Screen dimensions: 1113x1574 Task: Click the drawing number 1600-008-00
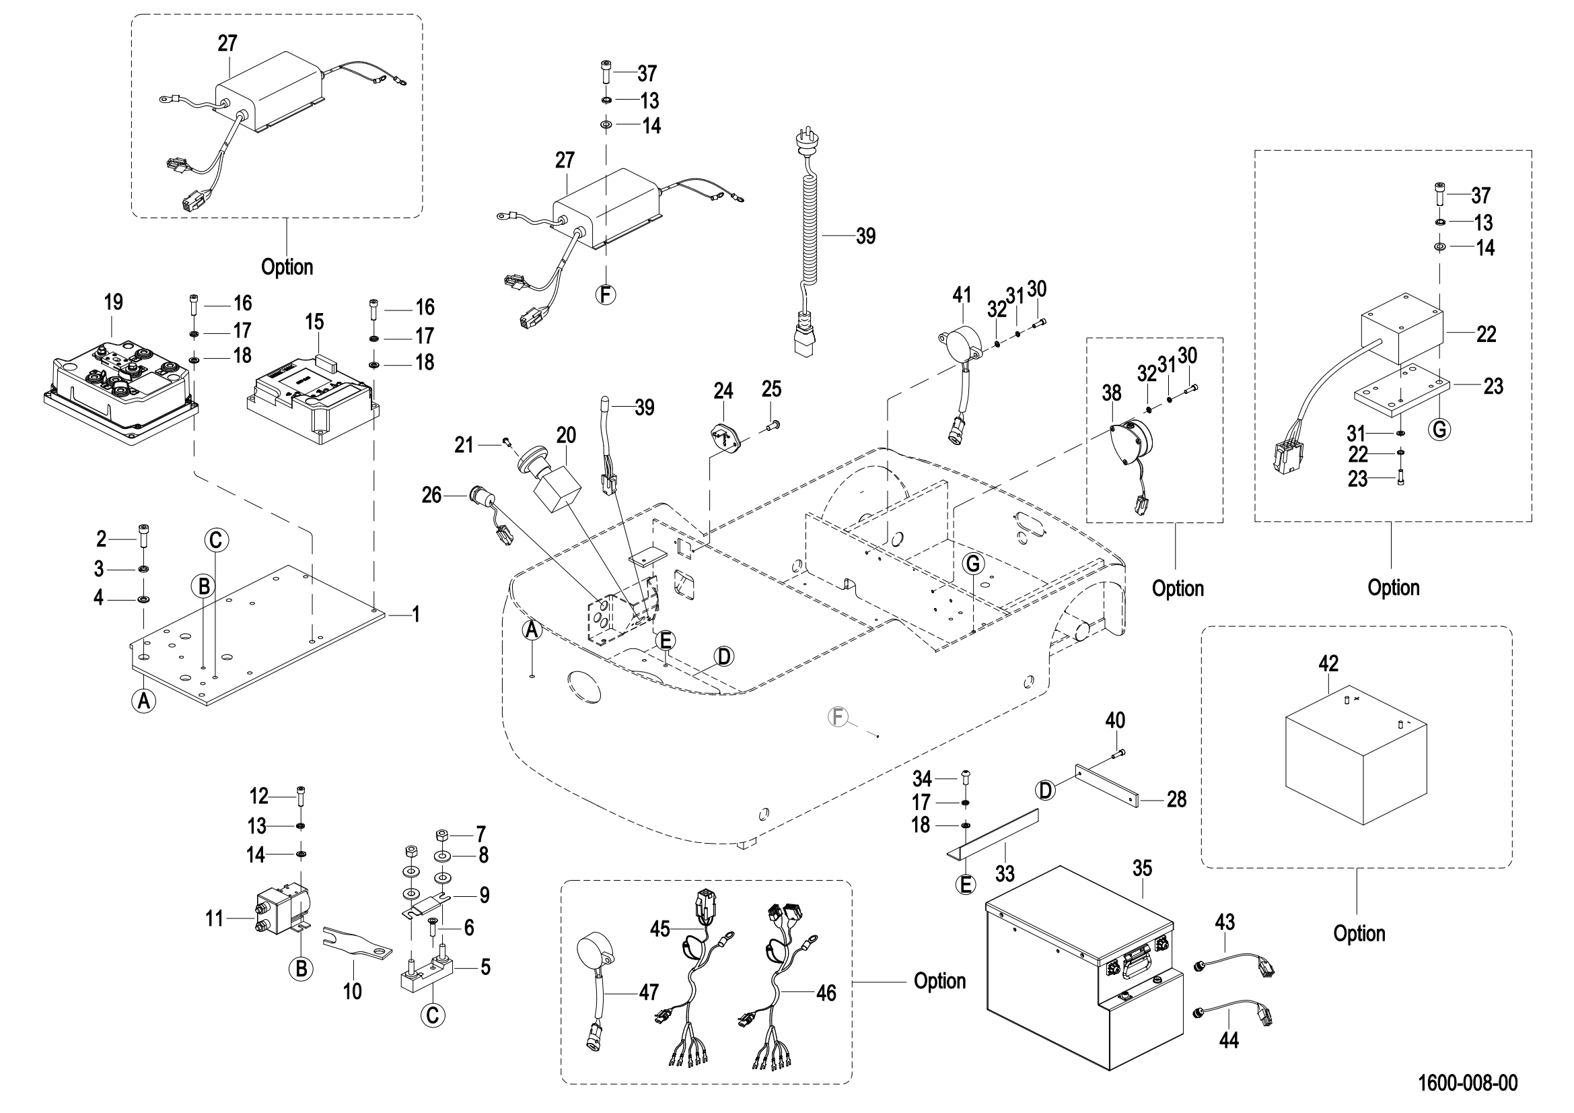pos(1467,1083)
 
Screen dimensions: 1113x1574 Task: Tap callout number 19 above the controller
pos(114,302)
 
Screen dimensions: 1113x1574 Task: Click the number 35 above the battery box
pos(1142,869)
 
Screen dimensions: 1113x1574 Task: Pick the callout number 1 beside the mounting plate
pos(415,615)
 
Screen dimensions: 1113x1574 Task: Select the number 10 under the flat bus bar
pos(353,991)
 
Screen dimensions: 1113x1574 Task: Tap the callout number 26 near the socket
pos(431,495)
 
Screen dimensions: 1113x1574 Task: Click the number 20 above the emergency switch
pos(566,436)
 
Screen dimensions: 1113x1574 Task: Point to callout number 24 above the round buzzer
pos(723,391)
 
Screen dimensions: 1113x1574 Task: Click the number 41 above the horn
pos(962,295)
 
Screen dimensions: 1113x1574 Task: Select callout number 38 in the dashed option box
pos(1111,393)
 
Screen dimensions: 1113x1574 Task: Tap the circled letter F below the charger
pos(606,295)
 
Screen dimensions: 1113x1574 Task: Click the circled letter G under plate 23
pos(1439,430)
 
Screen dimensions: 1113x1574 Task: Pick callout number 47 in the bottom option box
pos(649,992)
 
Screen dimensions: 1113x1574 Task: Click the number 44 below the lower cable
pos(1229,1040)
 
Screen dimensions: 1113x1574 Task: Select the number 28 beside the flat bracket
pos(1176,800)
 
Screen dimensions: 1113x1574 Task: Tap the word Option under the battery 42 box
pos(1359,933)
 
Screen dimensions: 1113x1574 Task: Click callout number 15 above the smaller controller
pos(315,323)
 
